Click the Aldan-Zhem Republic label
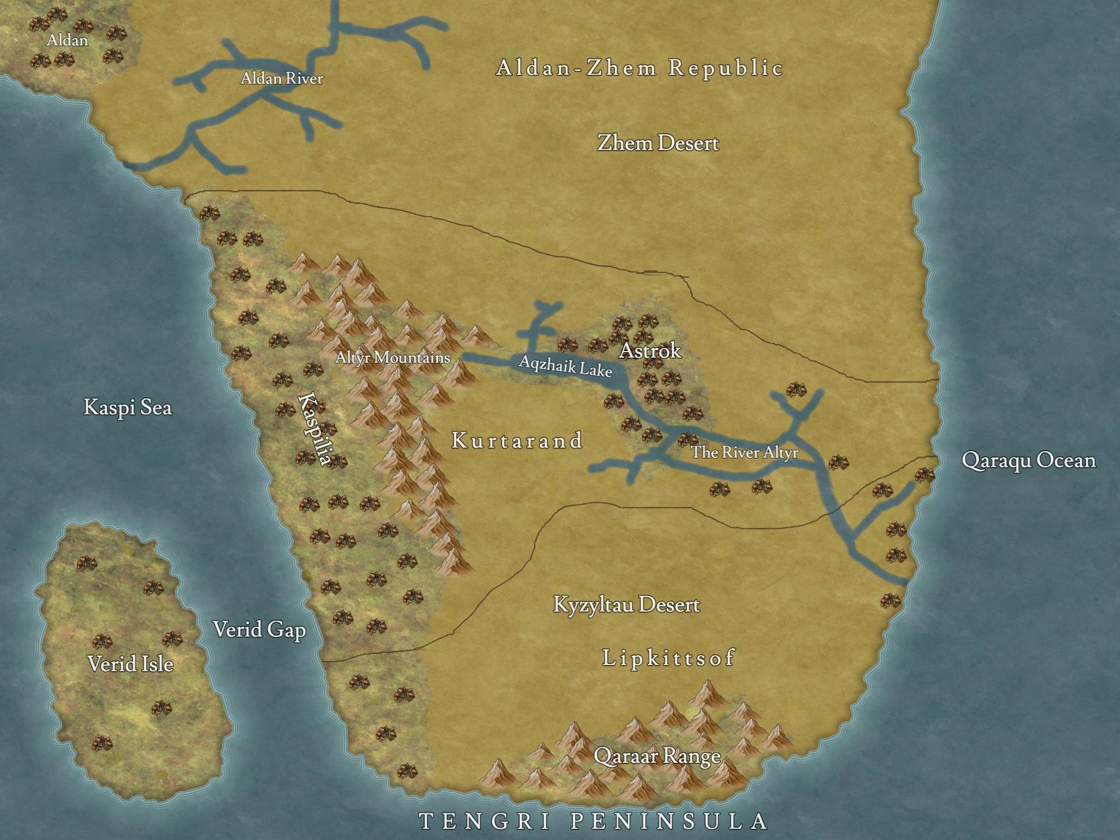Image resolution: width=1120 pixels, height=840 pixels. point(639,67)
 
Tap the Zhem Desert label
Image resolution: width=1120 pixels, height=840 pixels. point(658,143)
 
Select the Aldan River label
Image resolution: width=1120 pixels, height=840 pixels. point(282,78)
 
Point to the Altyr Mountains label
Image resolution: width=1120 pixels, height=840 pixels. point(393,358)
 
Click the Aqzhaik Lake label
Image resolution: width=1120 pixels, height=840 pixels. point(566,366)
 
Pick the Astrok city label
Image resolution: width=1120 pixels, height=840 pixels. point(650,351)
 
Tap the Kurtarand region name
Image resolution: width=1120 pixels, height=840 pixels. point(517,441)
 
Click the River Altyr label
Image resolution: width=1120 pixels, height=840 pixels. point(744,452)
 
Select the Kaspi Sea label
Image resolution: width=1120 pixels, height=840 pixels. point(128,408)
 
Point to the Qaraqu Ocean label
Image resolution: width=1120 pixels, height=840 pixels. point(1029,460)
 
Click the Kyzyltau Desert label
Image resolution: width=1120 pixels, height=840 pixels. point(627,604)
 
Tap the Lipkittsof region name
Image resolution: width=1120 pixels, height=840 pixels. point(669,658)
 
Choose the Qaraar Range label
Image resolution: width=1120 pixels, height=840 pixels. point(657,756)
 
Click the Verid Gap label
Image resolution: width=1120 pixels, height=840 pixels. point(259,630)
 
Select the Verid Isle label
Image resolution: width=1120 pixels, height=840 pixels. point(130,664)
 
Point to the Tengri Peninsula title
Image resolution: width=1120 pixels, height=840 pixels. point(594,821)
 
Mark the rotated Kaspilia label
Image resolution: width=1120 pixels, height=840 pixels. point(314,428)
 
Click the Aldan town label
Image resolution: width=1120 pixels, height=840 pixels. point(67,40)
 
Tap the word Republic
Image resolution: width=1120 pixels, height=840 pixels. point(726,67)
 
